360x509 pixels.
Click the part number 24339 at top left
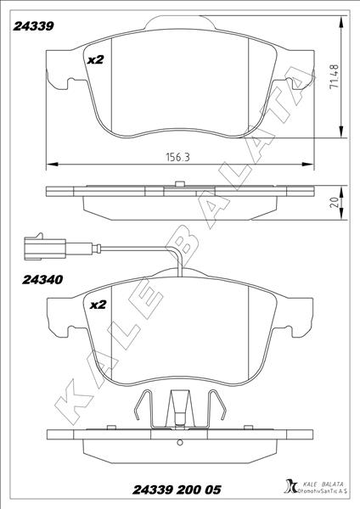[x=33, y=26]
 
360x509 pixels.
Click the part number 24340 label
[x=42, y=279]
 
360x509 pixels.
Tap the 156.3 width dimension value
[x=177, y=158]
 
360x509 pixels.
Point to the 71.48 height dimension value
[x=334, y=76]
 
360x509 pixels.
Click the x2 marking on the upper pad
[x=96, y=59]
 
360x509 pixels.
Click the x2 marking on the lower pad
[x=98, y=305]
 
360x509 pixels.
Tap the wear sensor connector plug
[x=45, y=248]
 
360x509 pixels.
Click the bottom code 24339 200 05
[x=177, y=489]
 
